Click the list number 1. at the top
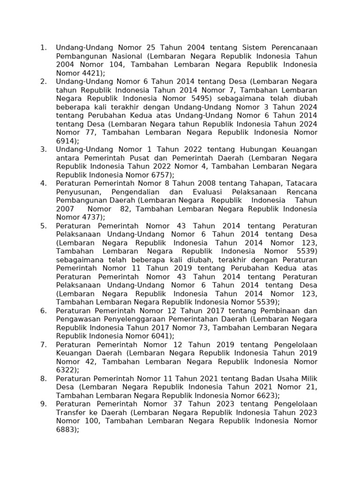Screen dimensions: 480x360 (x=44, y=48)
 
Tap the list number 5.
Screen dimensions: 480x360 (x=44, y=226)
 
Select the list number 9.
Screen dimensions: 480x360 (x=44, y=404)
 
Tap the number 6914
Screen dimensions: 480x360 (x=66, y=141)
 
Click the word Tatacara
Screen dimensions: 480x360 (x=301, y=183)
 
